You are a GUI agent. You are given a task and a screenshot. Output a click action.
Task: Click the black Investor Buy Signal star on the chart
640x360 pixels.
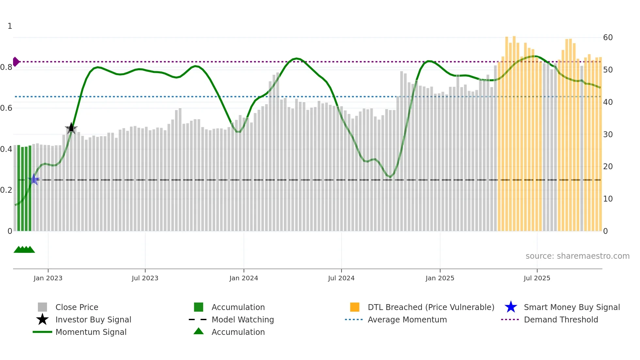pyautogui.click(x=71, y=128)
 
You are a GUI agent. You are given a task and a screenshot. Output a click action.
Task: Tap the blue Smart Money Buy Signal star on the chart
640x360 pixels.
pyautogui.click(x=34, y=180)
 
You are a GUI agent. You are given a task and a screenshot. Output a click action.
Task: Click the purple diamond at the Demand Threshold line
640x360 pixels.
pyautogui.click(x=16, y=62)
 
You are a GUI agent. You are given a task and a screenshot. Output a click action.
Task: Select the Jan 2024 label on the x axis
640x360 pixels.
pyautogui.click(x=244, y=278)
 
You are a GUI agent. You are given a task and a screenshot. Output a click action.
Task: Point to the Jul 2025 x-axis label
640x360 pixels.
pyautogui.click(x=537, y=278)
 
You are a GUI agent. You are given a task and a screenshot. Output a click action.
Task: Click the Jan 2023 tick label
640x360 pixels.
pyautogui.click(x=48, y=278)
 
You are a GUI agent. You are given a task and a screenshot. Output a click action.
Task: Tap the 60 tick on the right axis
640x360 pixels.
pyautogui.click(x=608, y=38)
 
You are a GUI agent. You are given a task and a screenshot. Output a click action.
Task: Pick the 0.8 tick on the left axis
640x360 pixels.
pyautogui.click(x=6, y=67)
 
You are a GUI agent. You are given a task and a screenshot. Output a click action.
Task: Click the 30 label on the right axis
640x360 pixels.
pyautogui.click(x=608, y=134)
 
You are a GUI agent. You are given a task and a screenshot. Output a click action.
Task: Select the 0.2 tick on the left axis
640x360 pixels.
pyautogui.click(x=6, y=190)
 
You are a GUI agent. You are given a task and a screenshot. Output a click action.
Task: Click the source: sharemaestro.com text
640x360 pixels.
pyautogui.click(x=577, y=256)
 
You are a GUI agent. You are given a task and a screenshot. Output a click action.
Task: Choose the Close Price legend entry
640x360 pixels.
pyautogui.click(x=77, y=307)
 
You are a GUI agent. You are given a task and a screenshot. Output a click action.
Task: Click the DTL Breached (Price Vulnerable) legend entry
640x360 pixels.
pyautogui.click(x=431, y=307)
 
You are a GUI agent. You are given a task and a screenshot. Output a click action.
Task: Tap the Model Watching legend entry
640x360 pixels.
pyautogui.click(x=242, y=319)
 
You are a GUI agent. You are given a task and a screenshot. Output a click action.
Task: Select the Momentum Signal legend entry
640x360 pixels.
pyautogui.click(x=91, y=332)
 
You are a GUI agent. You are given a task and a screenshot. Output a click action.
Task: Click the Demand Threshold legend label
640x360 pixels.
pyautogui.click(x=561, y=319)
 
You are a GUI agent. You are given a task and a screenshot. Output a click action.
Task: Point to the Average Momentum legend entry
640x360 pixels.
pyautogui.click(x=407, y=319)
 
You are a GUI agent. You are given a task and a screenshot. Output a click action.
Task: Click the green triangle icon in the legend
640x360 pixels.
pyautogui.click(x=199, y=332)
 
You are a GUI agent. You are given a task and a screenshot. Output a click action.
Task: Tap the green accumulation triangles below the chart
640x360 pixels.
pyautogui.click(x=24, y=250)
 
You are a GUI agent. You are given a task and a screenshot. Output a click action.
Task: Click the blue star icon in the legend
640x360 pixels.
pyautogui.click(x=511, y=307)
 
